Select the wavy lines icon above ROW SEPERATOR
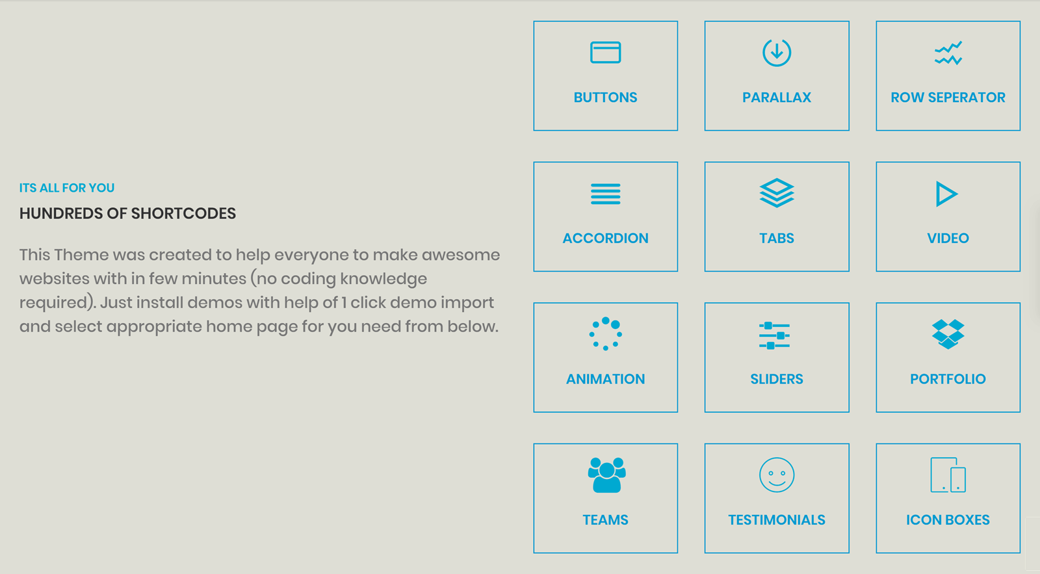948,53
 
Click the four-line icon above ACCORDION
605,194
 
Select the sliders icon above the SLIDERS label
774,335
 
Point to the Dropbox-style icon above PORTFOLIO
948,334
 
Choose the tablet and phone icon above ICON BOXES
931,475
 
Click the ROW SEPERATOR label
948,98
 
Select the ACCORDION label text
605,238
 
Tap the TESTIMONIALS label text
777,519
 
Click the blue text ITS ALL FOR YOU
67,188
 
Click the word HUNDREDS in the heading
61,214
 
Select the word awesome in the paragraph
461,255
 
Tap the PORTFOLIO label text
948,379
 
